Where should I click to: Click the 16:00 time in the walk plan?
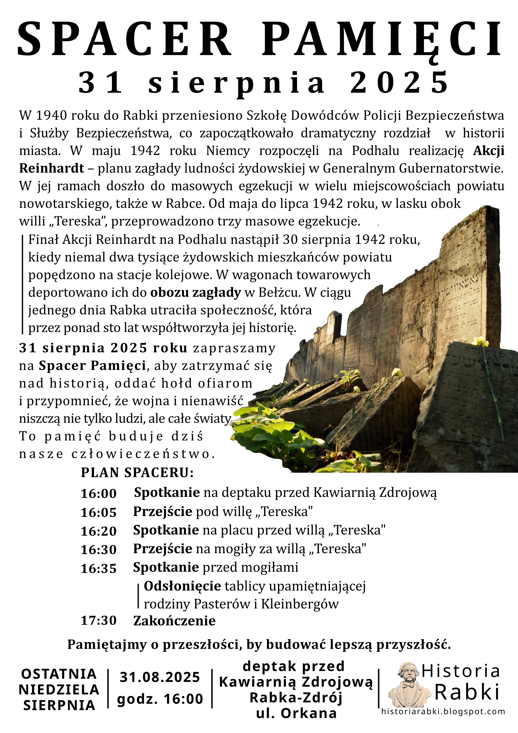coord(99,494)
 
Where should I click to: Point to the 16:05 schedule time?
coord(99,512)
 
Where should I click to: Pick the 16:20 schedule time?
coord(99,531)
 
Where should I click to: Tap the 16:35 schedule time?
coord(99,569)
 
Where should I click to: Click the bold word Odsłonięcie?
coord(183,586)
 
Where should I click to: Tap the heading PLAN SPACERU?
coord(137,473)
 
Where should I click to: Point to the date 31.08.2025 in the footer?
coord(160,677)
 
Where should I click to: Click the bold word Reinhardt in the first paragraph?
coord(52,168)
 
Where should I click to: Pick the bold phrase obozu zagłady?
coord(195,293)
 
